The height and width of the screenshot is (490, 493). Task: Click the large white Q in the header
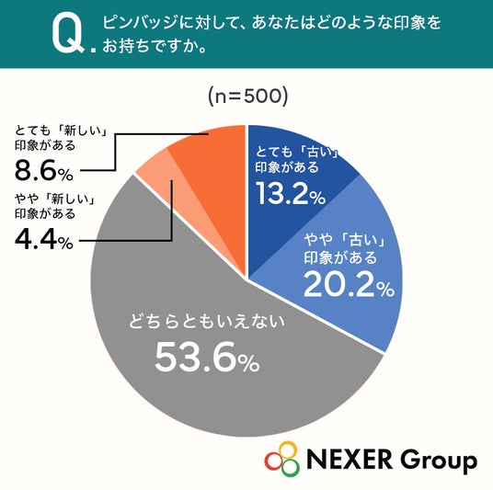tap(68, 35)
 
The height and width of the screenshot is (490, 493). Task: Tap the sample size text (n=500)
tap(248, 96)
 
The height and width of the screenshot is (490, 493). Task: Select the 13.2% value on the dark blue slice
tap(291, 193)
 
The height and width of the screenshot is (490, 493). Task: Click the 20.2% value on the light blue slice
tap(349, 284)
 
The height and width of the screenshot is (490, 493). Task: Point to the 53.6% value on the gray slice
tap(207, 357)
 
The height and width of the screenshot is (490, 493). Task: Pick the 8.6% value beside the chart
tap(44, 171)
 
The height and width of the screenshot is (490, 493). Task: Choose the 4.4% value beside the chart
tap(44, 241)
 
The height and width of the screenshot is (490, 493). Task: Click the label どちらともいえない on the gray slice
tap(207, 321)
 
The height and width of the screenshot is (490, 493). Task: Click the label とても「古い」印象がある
tap(297, 160)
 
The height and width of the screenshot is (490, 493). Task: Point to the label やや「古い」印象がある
tap(345, 249)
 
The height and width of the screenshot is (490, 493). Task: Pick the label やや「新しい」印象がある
tap(55, 206)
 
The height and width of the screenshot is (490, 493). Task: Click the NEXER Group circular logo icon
tap(281, 459)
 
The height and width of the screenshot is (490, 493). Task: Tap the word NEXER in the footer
tap(350, 459)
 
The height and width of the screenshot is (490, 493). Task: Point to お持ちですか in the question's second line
tap(150, 45)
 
